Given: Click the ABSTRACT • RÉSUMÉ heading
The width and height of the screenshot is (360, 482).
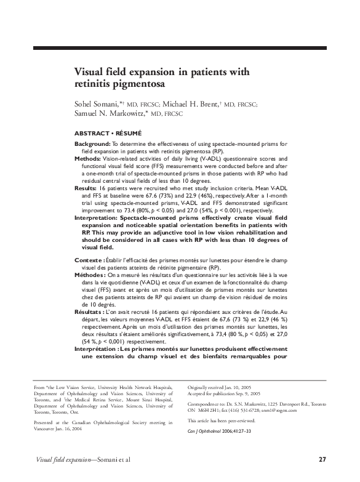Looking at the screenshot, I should (108, 133).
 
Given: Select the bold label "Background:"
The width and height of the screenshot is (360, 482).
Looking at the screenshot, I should (92, 143).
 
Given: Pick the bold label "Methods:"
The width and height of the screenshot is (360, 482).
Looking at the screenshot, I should (88, 158).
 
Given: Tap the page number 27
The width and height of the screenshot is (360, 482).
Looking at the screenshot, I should (322, 459).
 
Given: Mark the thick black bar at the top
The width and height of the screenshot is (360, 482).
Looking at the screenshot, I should (180, 48).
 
